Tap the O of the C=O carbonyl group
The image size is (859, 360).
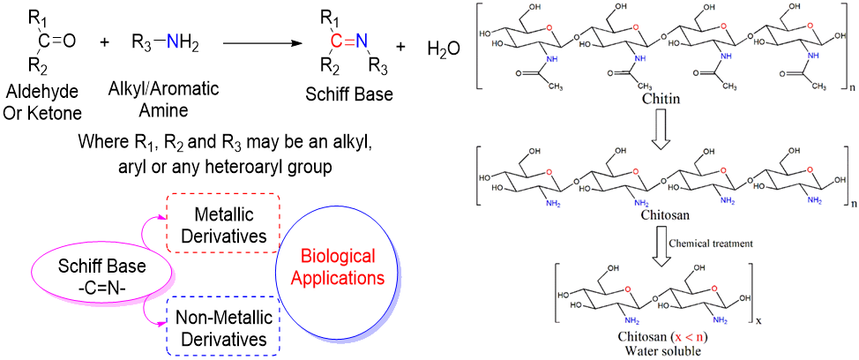point(69,41)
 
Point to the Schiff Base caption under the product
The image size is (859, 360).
point(347,94)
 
